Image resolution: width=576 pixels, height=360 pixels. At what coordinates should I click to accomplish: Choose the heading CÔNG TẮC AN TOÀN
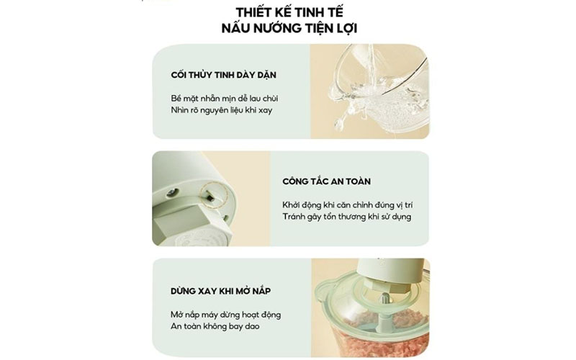click(326, 181)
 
